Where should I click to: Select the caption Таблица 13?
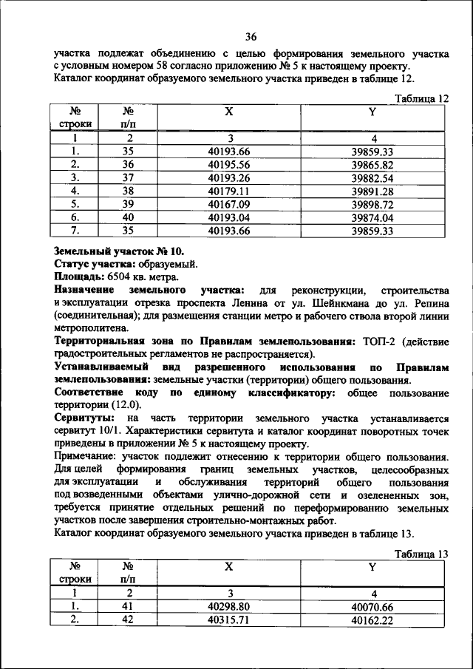(422, 553)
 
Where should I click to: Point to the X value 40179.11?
(229, 191)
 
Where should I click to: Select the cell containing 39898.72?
(372, 204)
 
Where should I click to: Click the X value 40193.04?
(229, 217)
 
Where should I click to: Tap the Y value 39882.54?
(372, 177)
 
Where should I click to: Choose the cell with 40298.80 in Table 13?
(229, 605)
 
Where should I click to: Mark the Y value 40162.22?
(372, 619)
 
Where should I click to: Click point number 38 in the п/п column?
(128, 191)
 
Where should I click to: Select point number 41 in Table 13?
(128, 605)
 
